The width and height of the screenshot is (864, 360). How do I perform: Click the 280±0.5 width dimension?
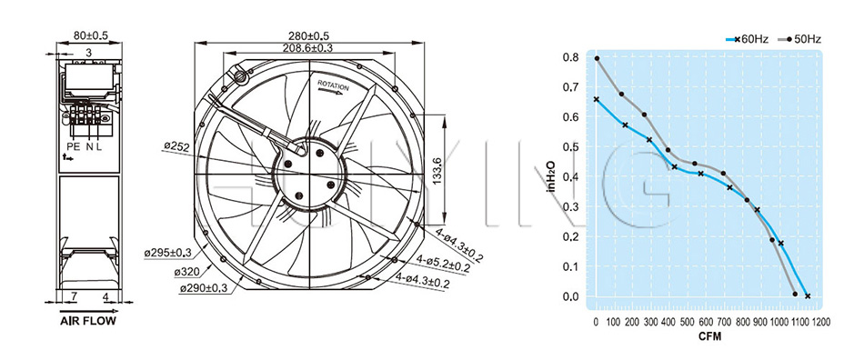[309, 36]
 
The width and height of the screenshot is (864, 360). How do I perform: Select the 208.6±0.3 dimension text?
[308, 48]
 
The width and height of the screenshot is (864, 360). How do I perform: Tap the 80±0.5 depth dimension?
[91, 36]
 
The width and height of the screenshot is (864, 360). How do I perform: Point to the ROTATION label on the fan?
[334, 86]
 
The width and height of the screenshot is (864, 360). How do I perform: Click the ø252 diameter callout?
[176, 146]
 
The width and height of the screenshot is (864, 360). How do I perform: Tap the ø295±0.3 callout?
[167, 253]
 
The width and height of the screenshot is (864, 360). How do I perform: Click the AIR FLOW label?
[88, 321]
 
